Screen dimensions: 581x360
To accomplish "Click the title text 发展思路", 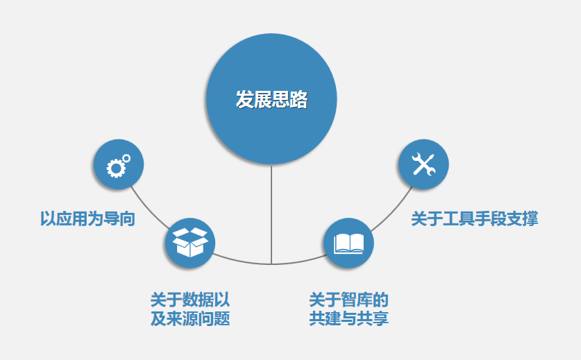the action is [x=271, y=99].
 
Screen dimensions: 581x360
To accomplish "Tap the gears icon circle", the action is [x=119, y=164].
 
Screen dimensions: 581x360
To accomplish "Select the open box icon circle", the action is [x=190, y=243].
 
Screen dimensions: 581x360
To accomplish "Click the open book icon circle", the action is [x=348, y=243].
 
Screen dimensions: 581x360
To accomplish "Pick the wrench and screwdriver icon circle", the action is [x=423, y=164].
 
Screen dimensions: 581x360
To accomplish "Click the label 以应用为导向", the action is [x=87, y=218].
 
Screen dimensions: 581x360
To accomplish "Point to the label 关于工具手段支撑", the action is [x=474, y=218].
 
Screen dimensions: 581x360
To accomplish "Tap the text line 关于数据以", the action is [x=190, y=300].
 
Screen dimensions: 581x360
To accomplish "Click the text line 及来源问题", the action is [x=190, y=318].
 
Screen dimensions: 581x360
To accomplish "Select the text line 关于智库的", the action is [x=348, y=300].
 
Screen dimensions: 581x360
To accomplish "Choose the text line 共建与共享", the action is [x=348, y=318].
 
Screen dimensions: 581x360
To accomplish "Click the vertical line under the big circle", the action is [x=271, y=214].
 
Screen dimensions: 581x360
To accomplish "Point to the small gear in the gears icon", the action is [x=126, y=159].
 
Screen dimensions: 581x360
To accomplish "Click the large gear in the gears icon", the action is [x=116, y=169].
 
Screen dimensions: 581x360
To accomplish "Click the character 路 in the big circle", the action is [x=298, y=99].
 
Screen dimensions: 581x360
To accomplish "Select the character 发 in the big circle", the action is [x=245, y=99].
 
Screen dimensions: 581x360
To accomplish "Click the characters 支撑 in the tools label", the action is [x=522, y=218].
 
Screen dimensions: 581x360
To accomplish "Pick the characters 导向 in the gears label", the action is [x=119, y=218].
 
